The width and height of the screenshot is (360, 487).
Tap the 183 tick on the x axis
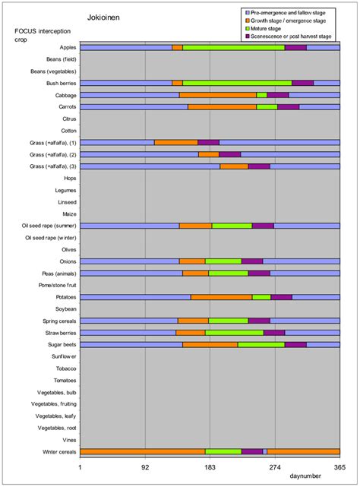pyautogui.click(x=210, y=469)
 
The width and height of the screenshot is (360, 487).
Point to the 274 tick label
pyautogui.click(x=275, y=469)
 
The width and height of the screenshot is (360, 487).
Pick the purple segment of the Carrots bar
pyautogui.click(x=288, y=107)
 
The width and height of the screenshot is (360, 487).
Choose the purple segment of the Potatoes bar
pyautogui.click(x=281, y=297)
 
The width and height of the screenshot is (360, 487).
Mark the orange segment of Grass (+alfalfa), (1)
pyautogui.click(x=175, y=142)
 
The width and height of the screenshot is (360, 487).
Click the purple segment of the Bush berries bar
pyautogui.click(x=302, y=83)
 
